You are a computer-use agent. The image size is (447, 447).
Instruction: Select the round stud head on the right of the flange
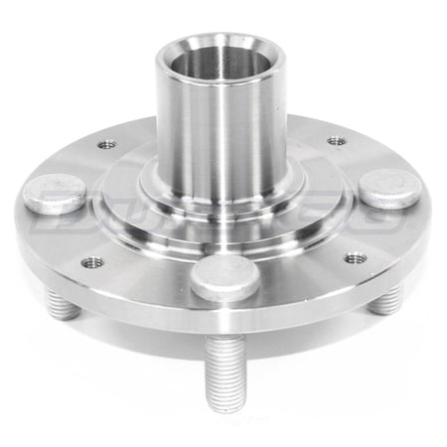click(389, 187)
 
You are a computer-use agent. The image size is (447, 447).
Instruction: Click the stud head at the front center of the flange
click(225, 277)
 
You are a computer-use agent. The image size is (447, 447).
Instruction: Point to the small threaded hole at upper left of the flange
click(107, 145)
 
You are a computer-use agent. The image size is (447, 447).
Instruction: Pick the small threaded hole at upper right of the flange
click(337, 140)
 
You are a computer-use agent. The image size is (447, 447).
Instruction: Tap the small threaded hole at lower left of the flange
click(92, 262)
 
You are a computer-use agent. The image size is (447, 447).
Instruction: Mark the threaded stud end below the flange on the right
click(387, 301)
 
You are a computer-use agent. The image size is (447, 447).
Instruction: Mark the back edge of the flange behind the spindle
click(298, 121)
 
